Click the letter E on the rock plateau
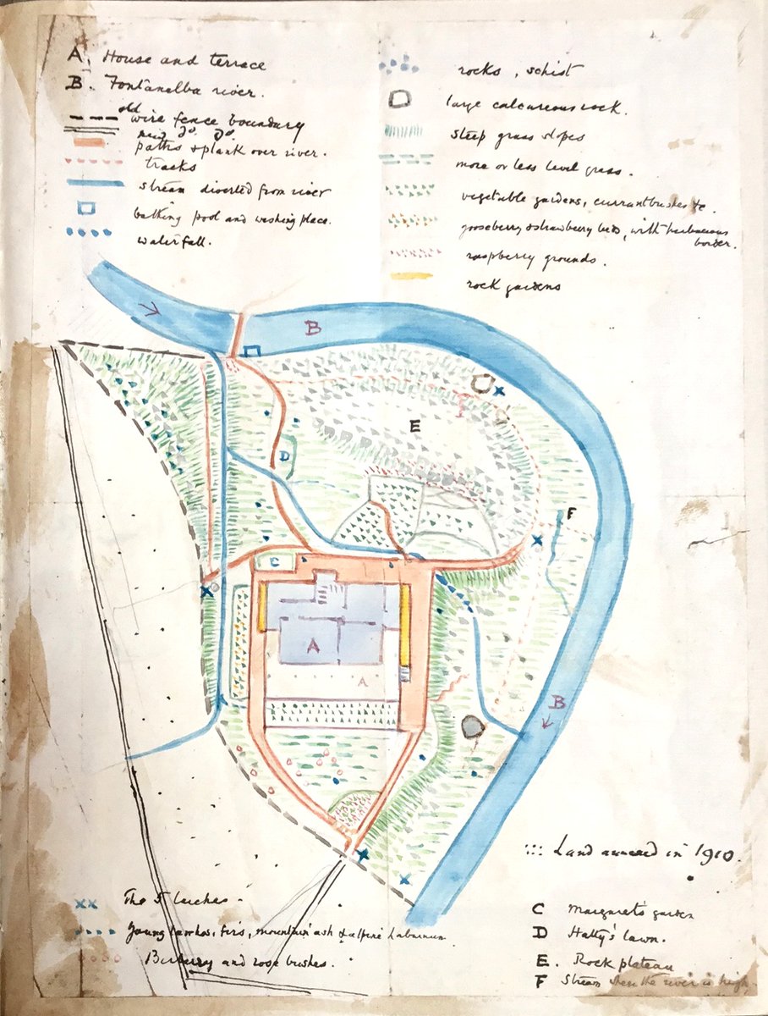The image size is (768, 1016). (x=414, y=427)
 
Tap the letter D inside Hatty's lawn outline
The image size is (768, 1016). (x=285, y=456)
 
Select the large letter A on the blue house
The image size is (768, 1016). (x=311, y=645)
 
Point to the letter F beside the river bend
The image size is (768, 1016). (x=571, y=514)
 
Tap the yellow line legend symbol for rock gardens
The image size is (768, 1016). (x=412, y=276)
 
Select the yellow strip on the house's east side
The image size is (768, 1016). (x=406, y=625)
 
